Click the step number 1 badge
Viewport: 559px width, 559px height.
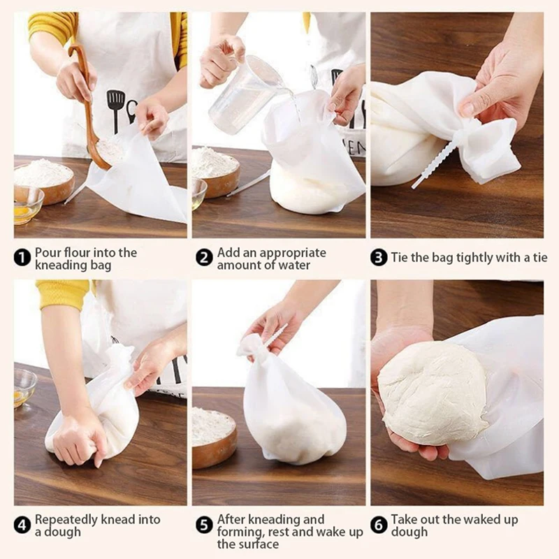22,258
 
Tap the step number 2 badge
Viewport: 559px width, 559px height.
204,258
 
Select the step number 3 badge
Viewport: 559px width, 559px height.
379,258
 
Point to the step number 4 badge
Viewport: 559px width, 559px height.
22,525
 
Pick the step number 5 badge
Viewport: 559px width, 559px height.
204,525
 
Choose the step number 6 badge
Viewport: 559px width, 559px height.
379,525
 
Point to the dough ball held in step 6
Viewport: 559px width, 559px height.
434,394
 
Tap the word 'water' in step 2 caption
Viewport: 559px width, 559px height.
293,265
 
